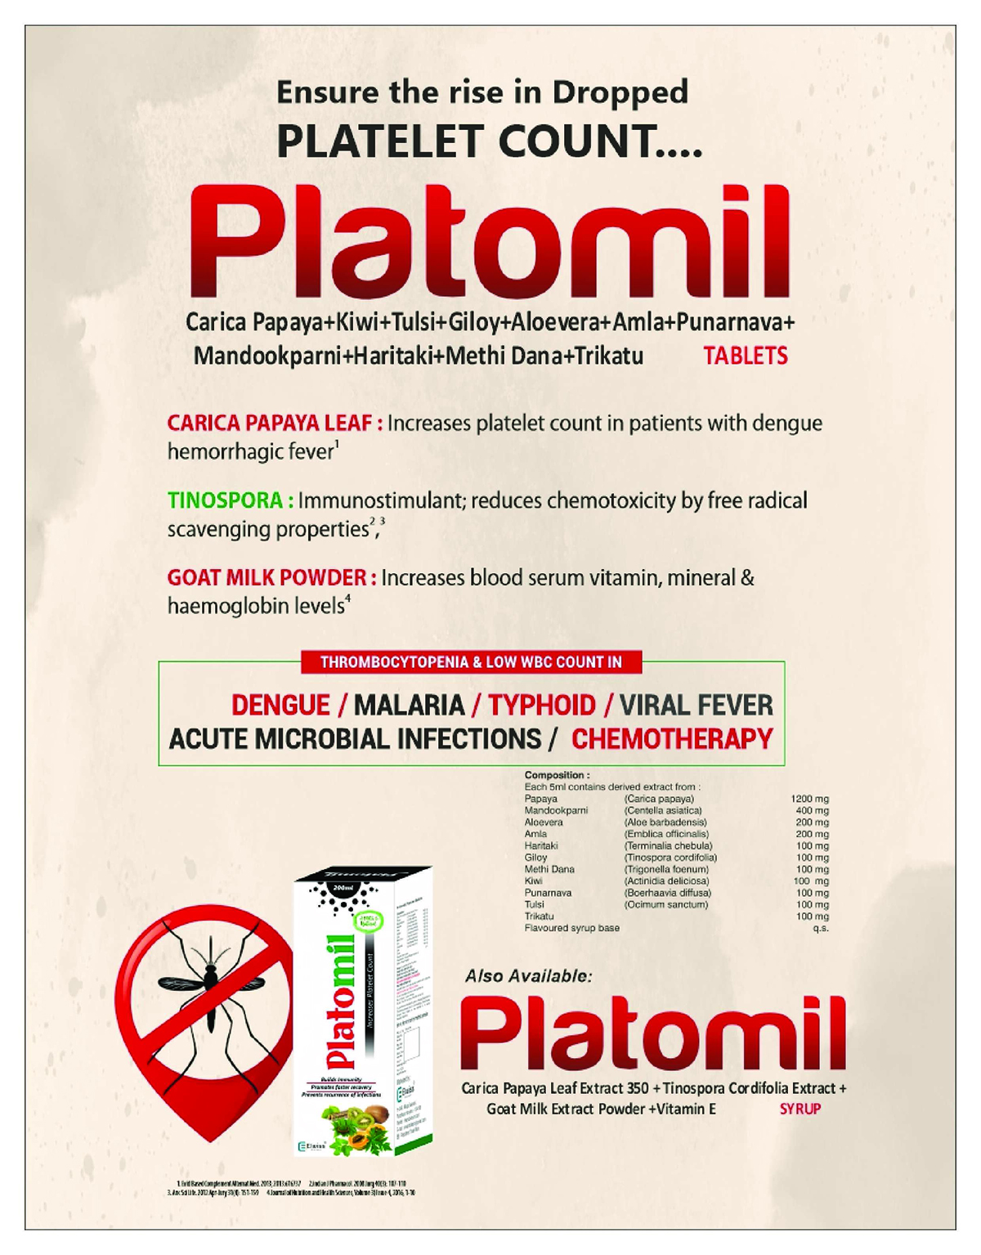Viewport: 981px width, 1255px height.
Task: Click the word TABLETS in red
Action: [x=746, y=356]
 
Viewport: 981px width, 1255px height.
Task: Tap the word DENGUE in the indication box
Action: [x=280, y=705]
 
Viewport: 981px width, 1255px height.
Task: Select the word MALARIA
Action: [x=409, y=705]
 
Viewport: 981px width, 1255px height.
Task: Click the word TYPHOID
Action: [x=542, y=705]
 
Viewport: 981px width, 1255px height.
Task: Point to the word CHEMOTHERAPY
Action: [x=672, y=739]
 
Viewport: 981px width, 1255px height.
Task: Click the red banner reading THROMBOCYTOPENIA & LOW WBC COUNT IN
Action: [x=471, y=662]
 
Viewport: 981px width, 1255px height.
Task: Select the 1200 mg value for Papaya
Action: [x=809, y=799]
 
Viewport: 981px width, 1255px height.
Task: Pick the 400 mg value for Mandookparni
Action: [x=812, y=810]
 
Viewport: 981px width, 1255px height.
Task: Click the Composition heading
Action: [x=557, y=775]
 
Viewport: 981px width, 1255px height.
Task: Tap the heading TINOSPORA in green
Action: [x=226, y=500]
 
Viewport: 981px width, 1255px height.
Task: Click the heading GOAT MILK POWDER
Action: [x=267, y=578]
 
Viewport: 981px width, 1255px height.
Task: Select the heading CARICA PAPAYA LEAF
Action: [x=271, y=424]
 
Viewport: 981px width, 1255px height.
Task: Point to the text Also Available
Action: [x=528, y=976]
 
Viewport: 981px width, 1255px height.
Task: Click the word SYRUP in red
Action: [x=800, y=1109]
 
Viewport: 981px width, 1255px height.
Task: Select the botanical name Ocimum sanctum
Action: [x=666, y=904]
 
